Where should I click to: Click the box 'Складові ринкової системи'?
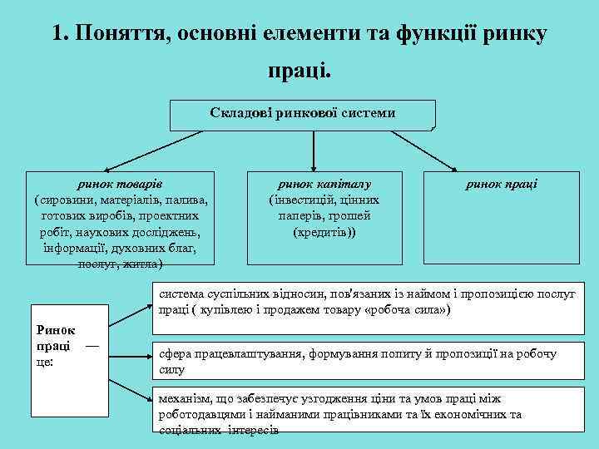(x=303, y=114)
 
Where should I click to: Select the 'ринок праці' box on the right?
(x=502, y=185)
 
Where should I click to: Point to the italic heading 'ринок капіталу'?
(x=324, y=185)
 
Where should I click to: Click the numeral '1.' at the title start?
(x=59, y=33)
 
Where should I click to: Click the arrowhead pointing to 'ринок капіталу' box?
(x=313, y=166)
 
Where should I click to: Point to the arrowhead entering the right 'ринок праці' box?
(x=491, y=167)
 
